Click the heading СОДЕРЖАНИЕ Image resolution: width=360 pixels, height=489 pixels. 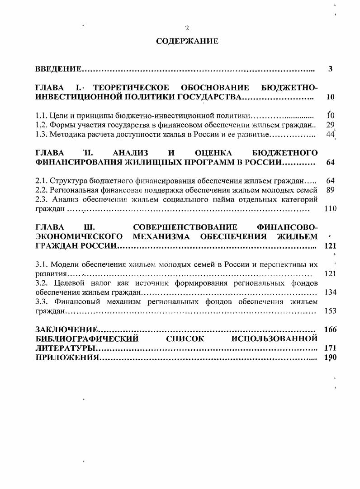(187, 41)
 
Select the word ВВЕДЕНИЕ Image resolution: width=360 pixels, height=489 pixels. (58, 69)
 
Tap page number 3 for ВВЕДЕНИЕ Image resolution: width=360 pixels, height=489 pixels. (331, 69)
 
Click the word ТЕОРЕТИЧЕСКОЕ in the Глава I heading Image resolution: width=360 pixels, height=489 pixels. (134, 87)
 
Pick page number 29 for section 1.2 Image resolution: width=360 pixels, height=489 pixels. (330, 125)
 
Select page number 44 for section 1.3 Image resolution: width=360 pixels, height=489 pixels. (330, 134)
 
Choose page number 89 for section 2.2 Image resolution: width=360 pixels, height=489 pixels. (330, 190)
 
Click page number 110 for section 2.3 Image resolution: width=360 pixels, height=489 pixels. (331, 209)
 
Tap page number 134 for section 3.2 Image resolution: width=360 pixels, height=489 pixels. (331, 292)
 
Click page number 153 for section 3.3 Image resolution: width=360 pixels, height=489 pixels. (331, 311)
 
